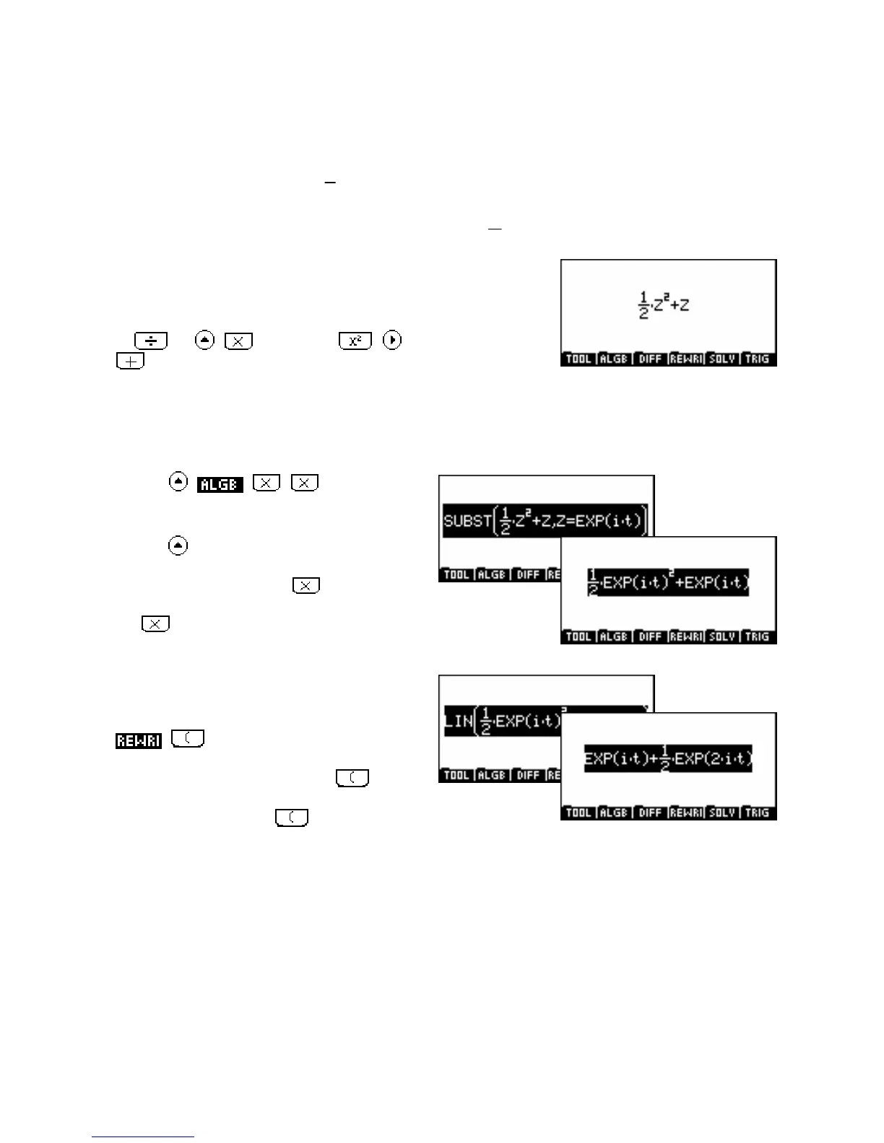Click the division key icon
tap(150, 341)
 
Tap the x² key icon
tap(355, 341)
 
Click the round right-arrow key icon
tap(392, 340)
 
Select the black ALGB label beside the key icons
tap(220, 484)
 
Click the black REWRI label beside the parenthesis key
tap(138, 740)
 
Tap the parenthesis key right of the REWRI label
tap(188, 739)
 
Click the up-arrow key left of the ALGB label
tap(178, 482)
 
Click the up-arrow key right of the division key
tap(205, 340)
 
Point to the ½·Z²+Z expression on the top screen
tap(664, 305)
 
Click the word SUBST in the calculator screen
tap(467, 520)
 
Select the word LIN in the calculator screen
tap(459, 721)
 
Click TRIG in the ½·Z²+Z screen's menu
tap(757, 359)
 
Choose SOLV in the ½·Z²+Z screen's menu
tap(721, 359)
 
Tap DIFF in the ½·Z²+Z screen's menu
tap(650, 359)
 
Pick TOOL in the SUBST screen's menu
tap(456, 574)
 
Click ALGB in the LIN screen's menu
tap(492, 775)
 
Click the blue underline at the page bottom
tap(143, 1137)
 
